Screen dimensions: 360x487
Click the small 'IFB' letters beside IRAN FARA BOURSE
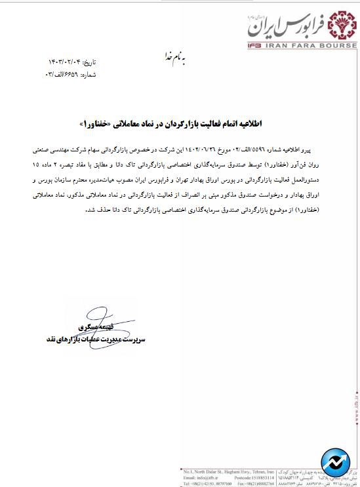(257, 45)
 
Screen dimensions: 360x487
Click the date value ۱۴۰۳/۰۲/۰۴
(64, 62)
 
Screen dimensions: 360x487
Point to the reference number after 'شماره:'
(64, 74)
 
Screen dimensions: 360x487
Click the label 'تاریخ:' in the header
(89, 62)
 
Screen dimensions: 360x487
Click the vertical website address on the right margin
(355, 413)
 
